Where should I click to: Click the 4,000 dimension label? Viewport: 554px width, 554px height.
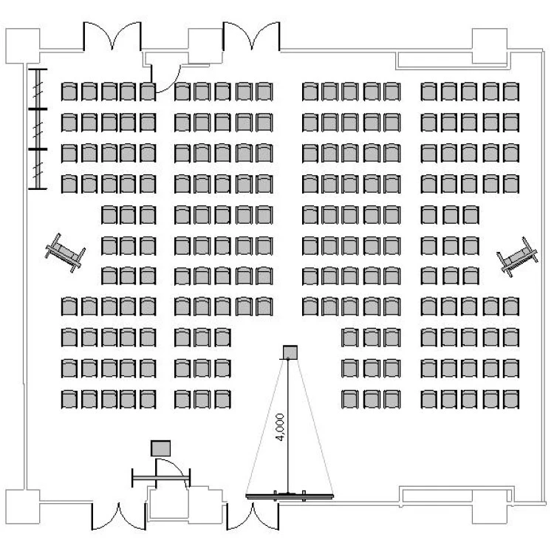pos(280,427)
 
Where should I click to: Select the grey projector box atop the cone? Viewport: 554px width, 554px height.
pos(290,351)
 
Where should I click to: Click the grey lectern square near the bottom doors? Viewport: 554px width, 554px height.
pos(160,448)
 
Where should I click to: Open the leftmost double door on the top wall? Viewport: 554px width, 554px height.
pos(111,37)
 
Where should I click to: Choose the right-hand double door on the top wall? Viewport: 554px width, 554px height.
pos(251,37)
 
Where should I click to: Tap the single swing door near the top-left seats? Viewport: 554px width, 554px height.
pos(165,74)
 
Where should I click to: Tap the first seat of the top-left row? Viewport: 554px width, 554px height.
pos(69,92)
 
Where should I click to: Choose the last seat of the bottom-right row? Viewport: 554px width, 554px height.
pos(510,399)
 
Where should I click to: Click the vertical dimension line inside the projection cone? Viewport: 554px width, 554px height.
pos(288,443)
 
